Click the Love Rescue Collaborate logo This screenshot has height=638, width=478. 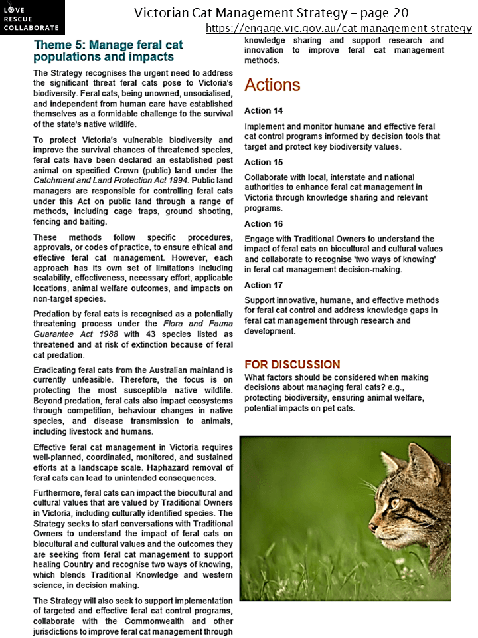click(x=32, y=17)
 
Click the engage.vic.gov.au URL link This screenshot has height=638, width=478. click(x=338, y=28)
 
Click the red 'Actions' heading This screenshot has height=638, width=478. click(x=272, y=85)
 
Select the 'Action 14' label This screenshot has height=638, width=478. click(x=264, y=111)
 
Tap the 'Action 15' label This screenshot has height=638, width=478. click(x=264, y=162)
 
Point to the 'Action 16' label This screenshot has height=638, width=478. click(x=264, y=224)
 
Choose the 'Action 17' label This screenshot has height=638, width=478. click(x=264, y=285)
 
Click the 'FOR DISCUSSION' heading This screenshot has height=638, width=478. click(x=292, y=364)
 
